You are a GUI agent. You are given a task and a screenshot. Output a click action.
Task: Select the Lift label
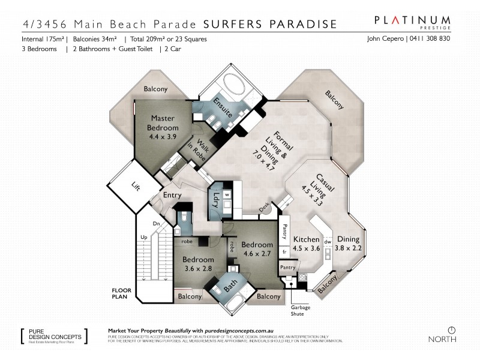click(135, 187)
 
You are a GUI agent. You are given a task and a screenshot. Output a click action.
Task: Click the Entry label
click(173, 195)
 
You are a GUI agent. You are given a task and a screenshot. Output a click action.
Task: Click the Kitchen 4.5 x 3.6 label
click(307, 244)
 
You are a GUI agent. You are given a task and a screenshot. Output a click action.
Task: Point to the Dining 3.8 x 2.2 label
click(348, 244)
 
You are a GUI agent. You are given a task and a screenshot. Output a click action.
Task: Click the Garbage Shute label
click(302, 311)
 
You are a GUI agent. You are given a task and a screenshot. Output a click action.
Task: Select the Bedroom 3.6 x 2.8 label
click(197, 264)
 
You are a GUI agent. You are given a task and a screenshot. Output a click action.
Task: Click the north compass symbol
click(451, 330)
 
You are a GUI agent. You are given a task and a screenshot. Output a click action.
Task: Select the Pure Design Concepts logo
click(53, 335)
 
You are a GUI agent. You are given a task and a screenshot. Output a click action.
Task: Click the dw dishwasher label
click(327, 242)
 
